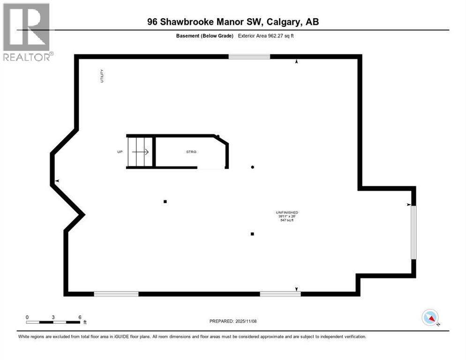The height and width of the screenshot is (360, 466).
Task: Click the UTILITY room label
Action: click(102, 76)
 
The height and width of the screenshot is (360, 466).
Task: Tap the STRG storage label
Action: click(191, 152)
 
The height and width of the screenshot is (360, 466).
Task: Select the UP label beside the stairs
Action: click(120, 152)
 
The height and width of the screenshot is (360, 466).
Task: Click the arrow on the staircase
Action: click(141, 152)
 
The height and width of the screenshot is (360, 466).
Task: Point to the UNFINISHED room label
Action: click(287, 213)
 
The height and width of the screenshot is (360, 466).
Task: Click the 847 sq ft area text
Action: click(287, 220)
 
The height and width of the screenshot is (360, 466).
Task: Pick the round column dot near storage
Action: click(253, 167)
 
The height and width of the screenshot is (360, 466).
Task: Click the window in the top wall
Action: click(249, 57)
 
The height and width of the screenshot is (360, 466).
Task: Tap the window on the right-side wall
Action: click(413, 232)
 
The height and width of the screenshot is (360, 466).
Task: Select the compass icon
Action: click(430, 317)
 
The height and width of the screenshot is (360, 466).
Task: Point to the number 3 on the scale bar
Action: click(53, 317)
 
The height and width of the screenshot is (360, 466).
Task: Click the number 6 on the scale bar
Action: click(80, 317)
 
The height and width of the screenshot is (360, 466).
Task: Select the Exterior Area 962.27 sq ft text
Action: click(268, 35)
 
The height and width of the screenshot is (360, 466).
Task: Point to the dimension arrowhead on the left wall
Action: click(57, 181)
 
